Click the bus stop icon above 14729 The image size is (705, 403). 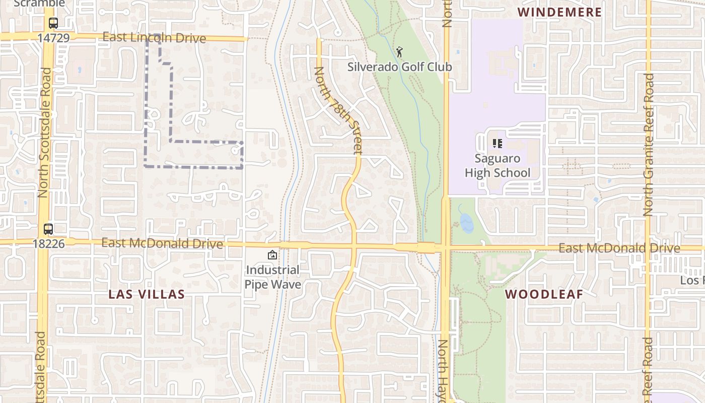[53, 23]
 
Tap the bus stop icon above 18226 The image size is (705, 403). [48, 229]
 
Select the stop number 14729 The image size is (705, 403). [53, 38]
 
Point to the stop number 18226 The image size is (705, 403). [48, 244]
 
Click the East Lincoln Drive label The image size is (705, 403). [154, 38]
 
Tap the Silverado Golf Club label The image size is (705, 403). [399, 66]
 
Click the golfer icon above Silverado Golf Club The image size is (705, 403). [399, 51]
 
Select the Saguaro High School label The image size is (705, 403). [497, 166]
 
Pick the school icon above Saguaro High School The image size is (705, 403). [498, 144]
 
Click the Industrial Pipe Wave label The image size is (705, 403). [272, 277]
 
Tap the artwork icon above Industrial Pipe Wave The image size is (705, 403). [272, 255]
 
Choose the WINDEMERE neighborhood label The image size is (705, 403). [559, 12]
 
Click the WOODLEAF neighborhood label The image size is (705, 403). [544, 294]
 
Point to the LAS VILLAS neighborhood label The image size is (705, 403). [147, 294]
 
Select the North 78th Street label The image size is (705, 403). [338, 110]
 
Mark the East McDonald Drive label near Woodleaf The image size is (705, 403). [619, 248]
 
